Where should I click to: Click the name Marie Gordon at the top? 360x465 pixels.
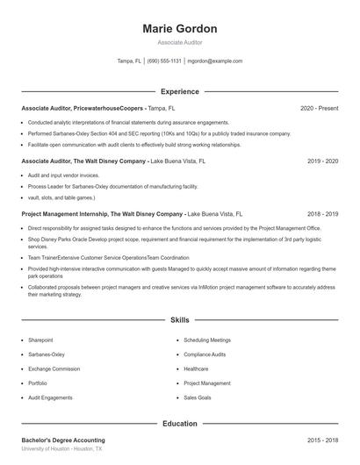179,29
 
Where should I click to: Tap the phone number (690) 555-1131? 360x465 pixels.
164,61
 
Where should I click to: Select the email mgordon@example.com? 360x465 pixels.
216,61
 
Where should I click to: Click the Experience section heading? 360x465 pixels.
179,91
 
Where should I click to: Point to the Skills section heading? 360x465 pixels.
179,321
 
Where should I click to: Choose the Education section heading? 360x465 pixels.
179,424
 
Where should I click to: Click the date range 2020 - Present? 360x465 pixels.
320,108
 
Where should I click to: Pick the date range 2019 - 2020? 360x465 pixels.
323,161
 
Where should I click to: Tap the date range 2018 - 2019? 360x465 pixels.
323,214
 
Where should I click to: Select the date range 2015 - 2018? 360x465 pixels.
323,440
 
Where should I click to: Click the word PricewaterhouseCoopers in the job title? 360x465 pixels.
109,108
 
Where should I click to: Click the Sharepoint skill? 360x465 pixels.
40,340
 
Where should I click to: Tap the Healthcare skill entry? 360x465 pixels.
196,368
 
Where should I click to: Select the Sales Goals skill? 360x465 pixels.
198,397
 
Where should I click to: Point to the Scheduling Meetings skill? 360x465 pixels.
207,340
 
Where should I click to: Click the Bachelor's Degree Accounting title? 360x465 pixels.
62,440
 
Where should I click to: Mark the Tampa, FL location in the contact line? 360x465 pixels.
128,61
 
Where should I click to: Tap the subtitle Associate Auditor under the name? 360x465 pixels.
179,42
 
